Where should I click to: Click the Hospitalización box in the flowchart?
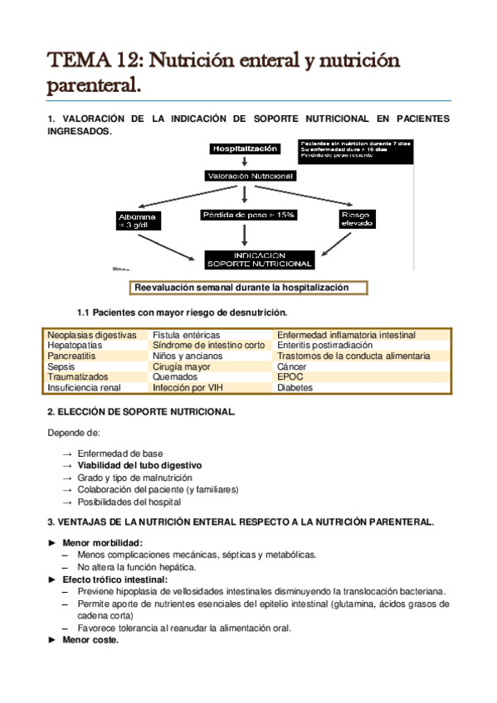(243, 149)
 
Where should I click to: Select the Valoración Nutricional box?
(250, 176)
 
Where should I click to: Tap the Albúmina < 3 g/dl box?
(138, 220)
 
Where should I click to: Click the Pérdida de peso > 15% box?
(248, 215)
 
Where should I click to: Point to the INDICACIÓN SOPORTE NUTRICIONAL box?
(260, 259)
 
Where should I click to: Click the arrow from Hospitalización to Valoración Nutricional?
(244, 162)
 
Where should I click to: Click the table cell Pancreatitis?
(72, 356)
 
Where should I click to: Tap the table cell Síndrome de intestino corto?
(208, 346)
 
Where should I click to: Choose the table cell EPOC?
(291, 376)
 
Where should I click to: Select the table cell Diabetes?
(295, 387)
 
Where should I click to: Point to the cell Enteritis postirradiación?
(325, 346)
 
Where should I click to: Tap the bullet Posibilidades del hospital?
(129, 502)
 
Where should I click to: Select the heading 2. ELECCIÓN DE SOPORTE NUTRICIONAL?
(141, 412)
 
